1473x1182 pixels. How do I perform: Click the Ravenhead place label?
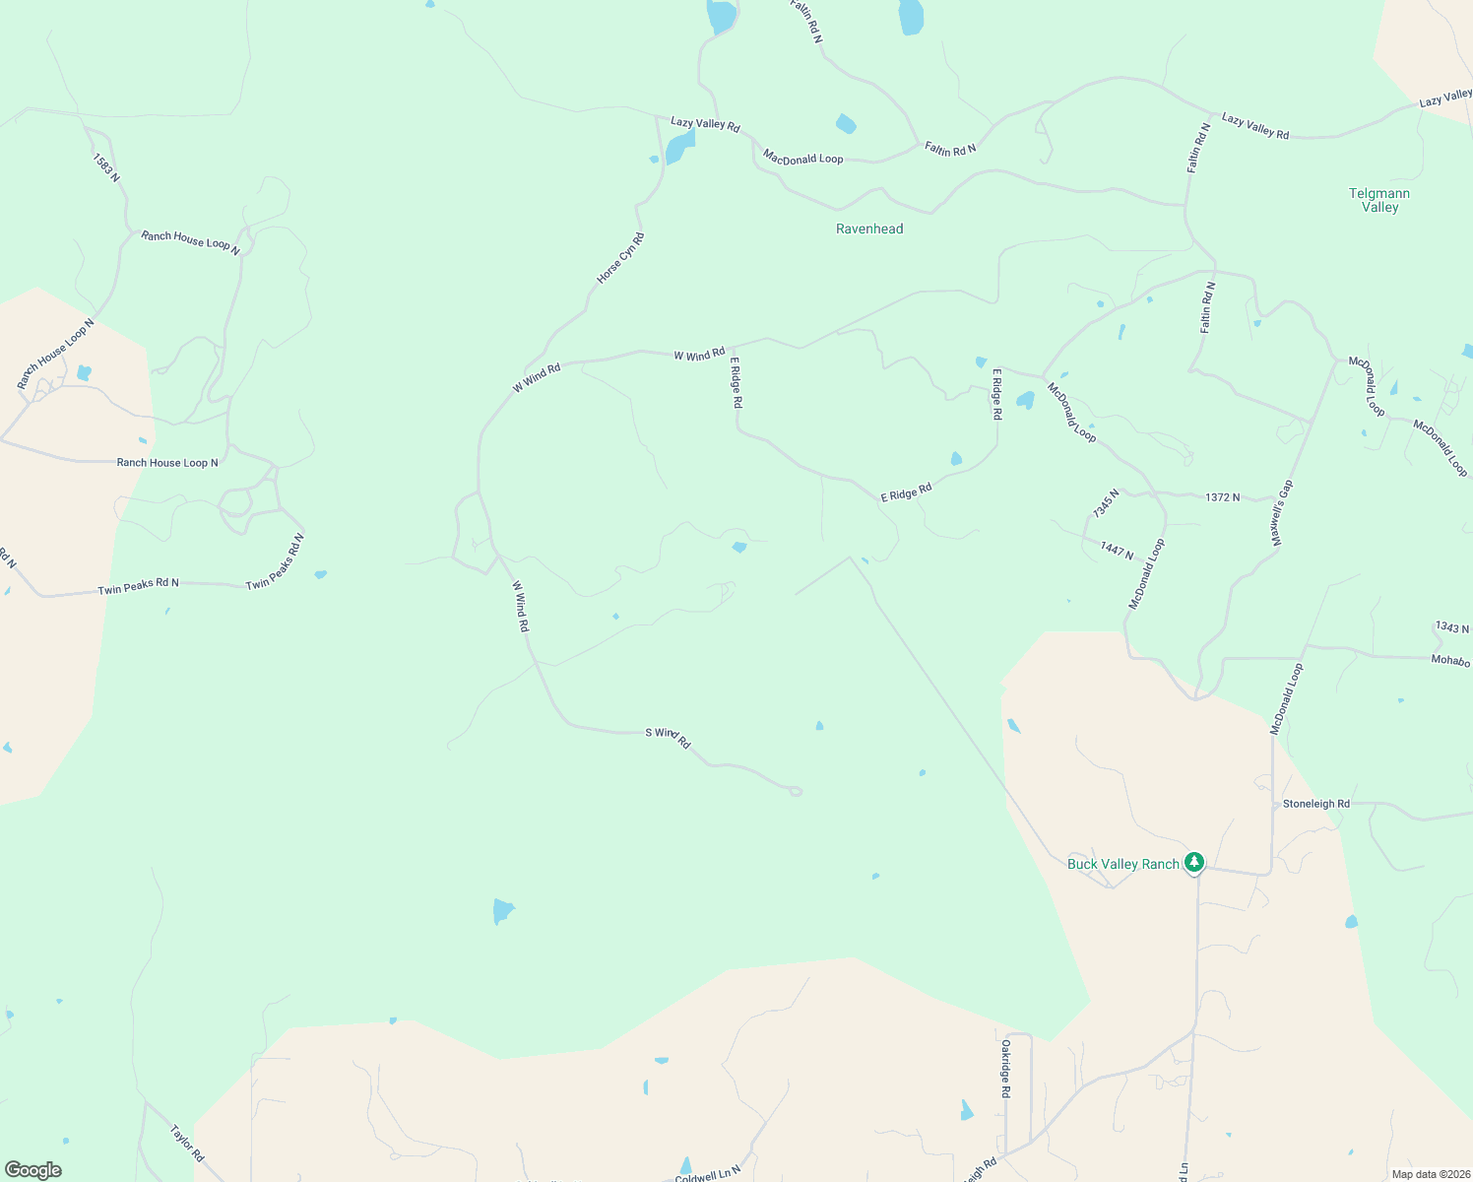click(868, 229)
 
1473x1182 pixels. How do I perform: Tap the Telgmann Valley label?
click(1379, 200)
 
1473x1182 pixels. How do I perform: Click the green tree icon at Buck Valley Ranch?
click(1194, 863)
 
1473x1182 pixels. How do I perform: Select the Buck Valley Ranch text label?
click(1122, 864)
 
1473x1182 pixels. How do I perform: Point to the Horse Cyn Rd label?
click(620, 258)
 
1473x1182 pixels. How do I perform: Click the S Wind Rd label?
click(668, 737)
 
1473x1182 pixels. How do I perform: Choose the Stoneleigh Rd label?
click(1315, 804)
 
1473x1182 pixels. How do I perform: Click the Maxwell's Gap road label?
click(1281, 513)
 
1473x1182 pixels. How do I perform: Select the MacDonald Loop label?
click(802, 158)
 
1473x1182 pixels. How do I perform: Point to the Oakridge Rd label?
click(1005, 1068)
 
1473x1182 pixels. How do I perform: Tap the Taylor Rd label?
click(186, 1143)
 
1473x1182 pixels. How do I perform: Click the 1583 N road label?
click(106, 166)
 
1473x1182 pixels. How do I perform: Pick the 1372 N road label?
click(1222, 497)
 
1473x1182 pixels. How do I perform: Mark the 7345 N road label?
click(1106, 503)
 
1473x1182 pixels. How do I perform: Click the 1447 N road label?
click(1117, 551)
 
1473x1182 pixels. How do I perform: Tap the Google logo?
click(33, 1170)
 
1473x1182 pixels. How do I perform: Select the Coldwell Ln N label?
click(707, 1174)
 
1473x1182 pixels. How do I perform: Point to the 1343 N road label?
click(1451, 627)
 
